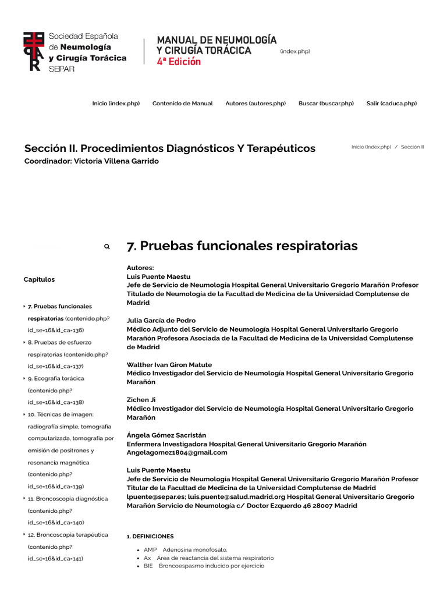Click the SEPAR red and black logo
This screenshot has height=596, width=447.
(x=33, y=52)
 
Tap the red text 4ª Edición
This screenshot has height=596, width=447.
(x=179, y=62)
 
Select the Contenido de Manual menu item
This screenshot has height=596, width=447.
(x=183, y=104)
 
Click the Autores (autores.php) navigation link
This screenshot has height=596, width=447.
(x=256, y=104)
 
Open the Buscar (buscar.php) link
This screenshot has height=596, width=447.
(x=326, y=104)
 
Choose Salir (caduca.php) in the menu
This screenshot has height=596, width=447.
(x=392, y=104)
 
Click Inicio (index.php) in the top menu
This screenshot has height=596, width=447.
(x=116, y=104)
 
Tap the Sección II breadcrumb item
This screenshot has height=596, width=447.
(x=413, y=147)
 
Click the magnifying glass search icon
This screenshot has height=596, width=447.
(x=107, y=247)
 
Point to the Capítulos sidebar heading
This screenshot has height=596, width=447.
(x=39, y=279)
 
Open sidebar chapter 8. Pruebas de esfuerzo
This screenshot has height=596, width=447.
(x=59, y=342)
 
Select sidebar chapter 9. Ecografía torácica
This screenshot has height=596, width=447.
(x=56, y=378)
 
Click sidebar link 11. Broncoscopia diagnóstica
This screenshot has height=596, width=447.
(x=68, y=499)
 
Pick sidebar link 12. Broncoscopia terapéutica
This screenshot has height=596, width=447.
(x=68, y=535)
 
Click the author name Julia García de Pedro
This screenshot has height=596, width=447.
(x=161, y=321)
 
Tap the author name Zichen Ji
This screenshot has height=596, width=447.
(x=141, y=400)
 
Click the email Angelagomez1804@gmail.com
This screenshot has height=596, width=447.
(x=177, y=452)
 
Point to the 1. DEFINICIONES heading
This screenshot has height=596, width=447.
(x=150, y=536)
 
